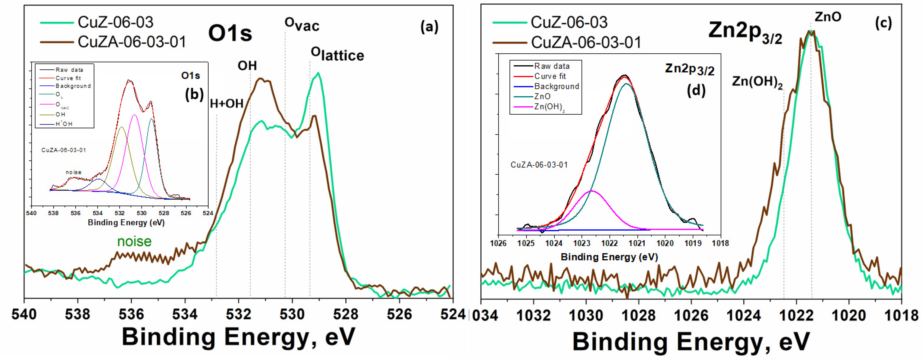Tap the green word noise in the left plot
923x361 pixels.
pyautogui.click(x=134, y=241)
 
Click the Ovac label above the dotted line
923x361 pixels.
pyautogui.click(x=302, y=24)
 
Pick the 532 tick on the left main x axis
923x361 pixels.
pyautogui.click(x=239, y=314)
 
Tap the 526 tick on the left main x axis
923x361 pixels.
pyautogui.click(x=400, y=314)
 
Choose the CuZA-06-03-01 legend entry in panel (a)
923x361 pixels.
pyautogui.click(x=132, y=42)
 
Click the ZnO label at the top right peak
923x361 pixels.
pyautogui.click(x=828, y=17)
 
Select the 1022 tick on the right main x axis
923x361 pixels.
pyautogui.click(x=796, y=315)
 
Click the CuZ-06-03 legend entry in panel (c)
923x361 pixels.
pyautogui.click(x=569, y=22)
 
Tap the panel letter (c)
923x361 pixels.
pyautogui.click(x=883, y=23)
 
